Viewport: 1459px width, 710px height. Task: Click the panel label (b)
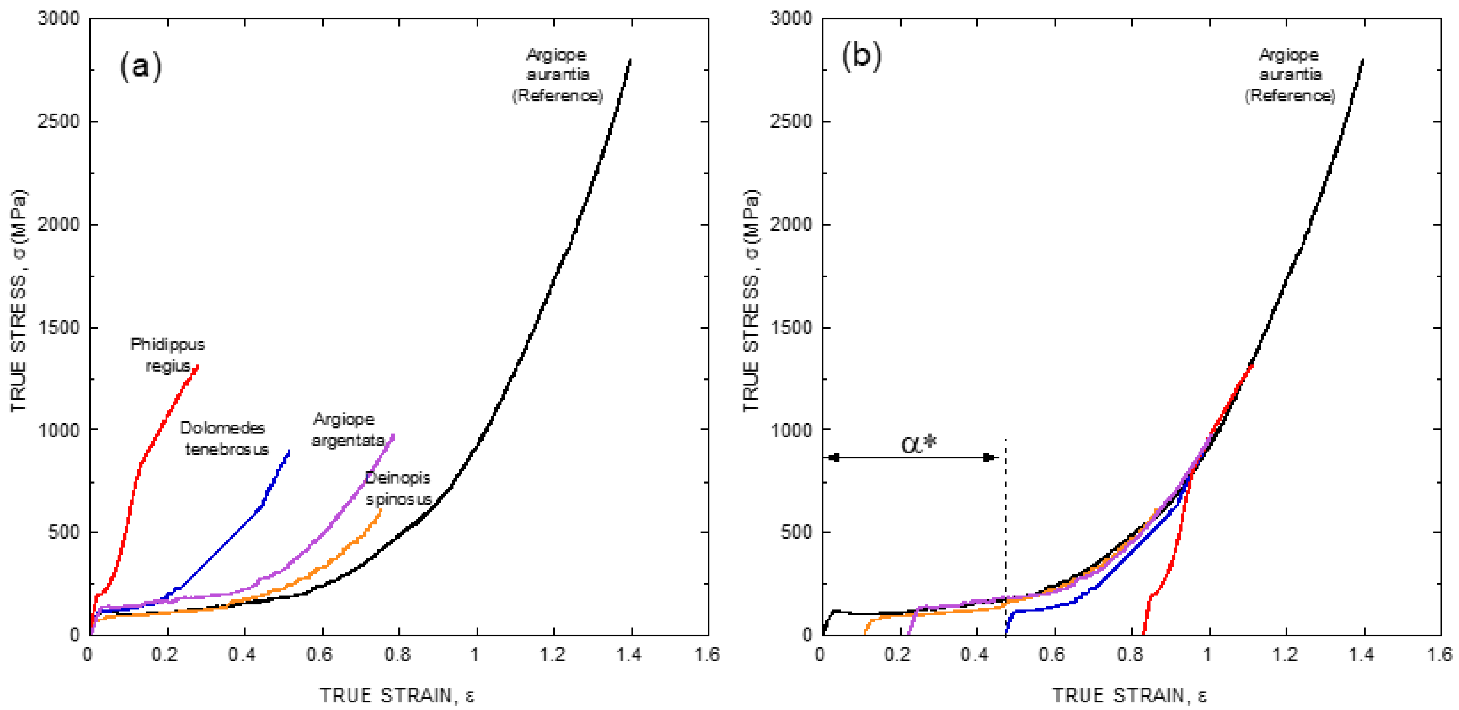pyautogui.click(x=861, y=57)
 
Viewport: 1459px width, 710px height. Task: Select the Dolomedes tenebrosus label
pyautogui.click(x=224, y=438)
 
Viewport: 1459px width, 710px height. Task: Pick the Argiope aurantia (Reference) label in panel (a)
pyautogui.click(x=557, y=75)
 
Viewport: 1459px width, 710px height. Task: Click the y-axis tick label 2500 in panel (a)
pyautogui.click(x=58, y=121)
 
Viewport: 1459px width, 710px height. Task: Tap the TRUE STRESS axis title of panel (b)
pyautogui.click(x=751, y=300)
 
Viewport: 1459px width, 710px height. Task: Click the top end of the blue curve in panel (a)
pyautogui.click(x=290, y=451)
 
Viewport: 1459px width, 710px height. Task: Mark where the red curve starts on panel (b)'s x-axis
pyautogui.click(x=1143, y=633)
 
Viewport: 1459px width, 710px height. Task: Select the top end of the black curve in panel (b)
pyautogui.click(x=1362, y=59)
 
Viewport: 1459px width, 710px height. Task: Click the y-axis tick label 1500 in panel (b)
pyautogui.click(x=791, y=327)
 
